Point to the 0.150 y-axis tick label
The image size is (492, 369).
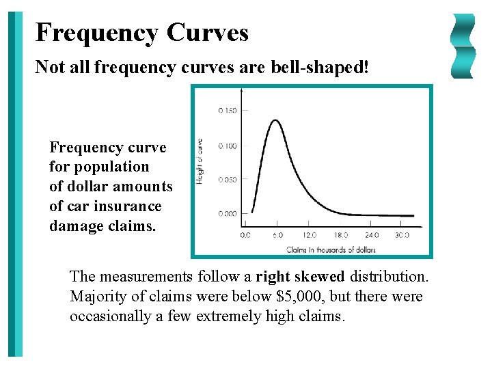(228, 111)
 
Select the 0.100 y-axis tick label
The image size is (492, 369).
(228, 146)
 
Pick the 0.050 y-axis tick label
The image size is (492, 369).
(228, 180)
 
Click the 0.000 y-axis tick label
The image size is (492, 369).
(228, 214)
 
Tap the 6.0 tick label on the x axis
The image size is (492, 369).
(277, 235)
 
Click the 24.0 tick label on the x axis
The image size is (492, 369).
(371, 235)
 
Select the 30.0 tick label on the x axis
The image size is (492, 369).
(402, 235)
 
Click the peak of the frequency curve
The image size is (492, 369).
(275, 121)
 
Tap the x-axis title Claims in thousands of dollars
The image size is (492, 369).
(331, 249)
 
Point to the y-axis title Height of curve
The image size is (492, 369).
(200, 161)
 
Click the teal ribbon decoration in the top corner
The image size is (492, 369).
(463, 46)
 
